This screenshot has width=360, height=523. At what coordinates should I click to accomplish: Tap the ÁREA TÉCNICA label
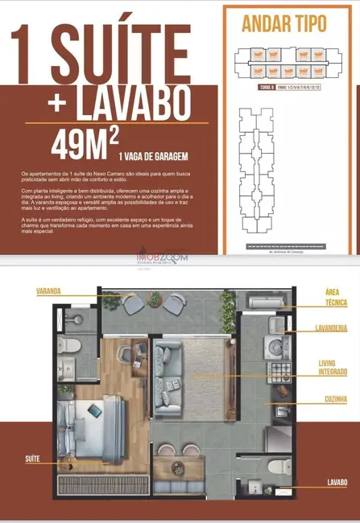pyautogui.click(x=335, y=297)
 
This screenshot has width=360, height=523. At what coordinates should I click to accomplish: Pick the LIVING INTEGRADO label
pyautogui.click(x=332, y=367)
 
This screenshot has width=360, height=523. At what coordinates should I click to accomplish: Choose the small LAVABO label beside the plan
pyautogui.click(x=336, y=482)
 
